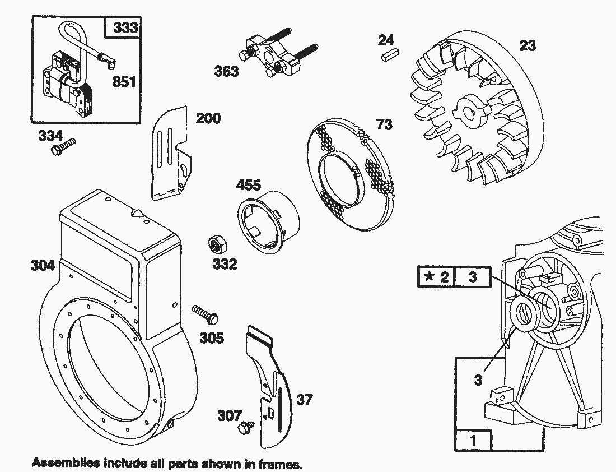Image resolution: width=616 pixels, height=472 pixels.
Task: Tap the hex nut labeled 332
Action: [214, 244]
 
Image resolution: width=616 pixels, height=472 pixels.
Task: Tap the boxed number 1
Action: [474, 440]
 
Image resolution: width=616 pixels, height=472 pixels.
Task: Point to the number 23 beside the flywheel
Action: [528, 45]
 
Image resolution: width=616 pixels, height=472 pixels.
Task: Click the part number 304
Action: [43, 265]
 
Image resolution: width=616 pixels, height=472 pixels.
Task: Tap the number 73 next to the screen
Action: [384, 124]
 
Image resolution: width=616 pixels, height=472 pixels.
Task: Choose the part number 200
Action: [208, 118]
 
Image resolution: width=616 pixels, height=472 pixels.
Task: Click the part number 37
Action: [305, 400]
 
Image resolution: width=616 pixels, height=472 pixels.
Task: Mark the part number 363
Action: [226, 71]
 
